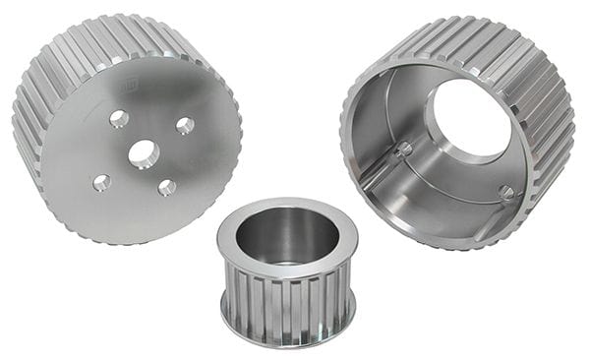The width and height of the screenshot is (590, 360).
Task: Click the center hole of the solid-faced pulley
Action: pyautogui.click(x=143, y=153)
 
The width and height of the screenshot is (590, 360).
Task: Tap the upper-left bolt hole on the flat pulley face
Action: pyautogui.click(x=119, y=119)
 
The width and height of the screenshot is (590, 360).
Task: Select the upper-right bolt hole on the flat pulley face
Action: pyautogui.click(x=185, y=125)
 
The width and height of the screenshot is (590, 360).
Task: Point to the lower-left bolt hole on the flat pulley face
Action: pyautogui.click(x=101, y=182)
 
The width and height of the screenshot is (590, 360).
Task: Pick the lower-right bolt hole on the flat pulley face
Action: pyautogui.click(x=167, y=187)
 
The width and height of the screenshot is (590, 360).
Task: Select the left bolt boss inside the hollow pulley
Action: pyautogui.click(x=403, y=150)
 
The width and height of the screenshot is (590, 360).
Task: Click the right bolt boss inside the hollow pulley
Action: pyautogui.click(x=505, y=193)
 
